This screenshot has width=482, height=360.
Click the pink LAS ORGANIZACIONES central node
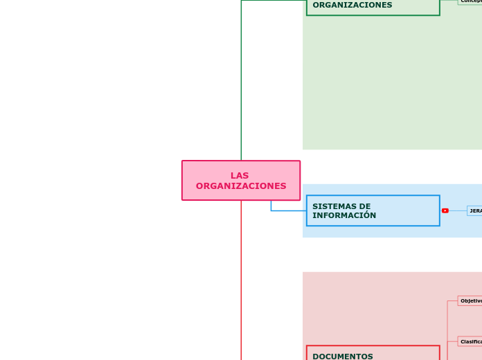pos(240,181)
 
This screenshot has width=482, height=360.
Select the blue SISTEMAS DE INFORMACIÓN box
pos(373,210)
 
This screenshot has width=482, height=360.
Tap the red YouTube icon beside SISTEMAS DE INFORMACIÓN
pos(445,210)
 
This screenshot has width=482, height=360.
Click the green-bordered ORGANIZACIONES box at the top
pos(373,6)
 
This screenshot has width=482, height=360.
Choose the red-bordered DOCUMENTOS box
pos(373,353)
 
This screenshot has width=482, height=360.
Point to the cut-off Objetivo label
pos(470,301)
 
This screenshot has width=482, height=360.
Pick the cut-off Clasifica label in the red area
pos(470,341)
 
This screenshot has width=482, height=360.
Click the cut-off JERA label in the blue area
pos(475,210)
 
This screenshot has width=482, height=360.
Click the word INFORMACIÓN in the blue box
pos(344,215)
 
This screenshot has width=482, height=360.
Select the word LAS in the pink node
pos(240,176)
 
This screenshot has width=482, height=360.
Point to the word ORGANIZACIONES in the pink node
pos(241,186)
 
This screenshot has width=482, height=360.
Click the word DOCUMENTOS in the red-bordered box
pos(343,357)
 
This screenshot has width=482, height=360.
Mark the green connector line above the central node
pos(241,83)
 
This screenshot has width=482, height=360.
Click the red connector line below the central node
pos(241,277)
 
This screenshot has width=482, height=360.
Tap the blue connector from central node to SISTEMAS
pos(284,210)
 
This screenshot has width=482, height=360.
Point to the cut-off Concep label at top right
pos(471,1)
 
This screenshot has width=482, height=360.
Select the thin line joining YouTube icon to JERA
pos(458,210)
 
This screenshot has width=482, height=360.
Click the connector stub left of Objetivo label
pos(452,301)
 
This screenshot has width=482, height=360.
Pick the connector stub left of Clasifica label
pos(452,341)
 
